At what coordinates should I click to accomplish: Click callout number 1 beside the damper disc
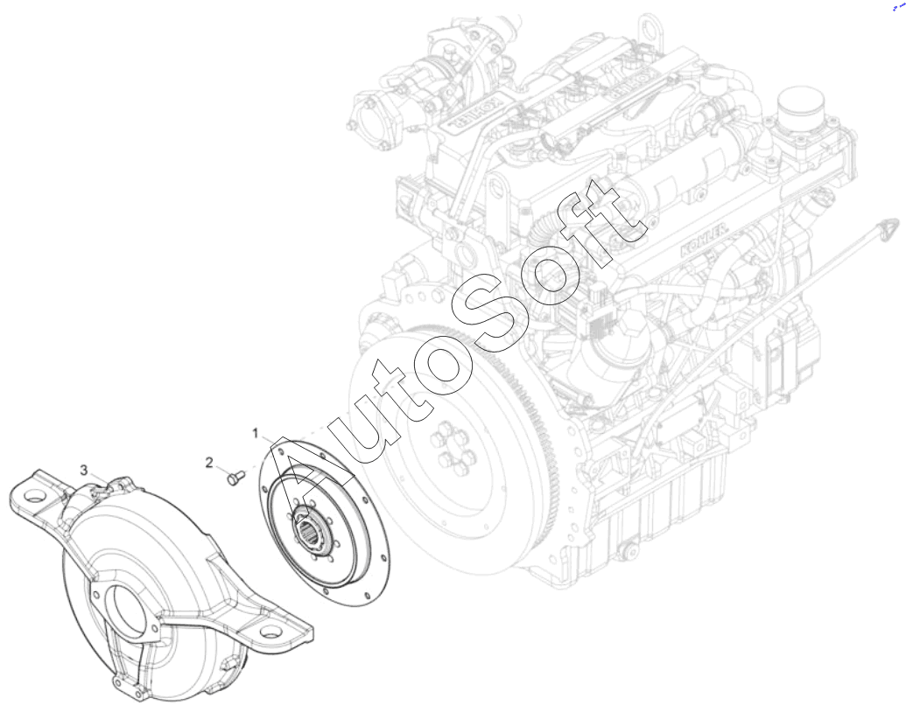coord(256,433)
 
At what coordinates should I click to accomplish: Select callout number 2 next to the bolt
coord(209,463)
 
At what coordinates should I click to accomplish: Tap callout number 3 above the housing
coord(84,470)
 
